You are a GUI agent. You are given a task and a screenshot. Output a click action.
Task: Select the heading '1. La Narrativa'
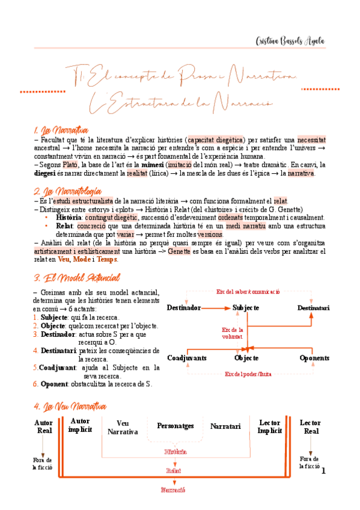(62, 130)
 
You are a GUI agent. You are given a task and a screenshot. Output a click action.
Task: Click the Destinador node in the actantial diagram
(183, 308)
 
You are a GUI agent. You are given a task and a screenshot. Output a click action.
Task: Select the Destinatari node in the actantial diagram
(313, 308)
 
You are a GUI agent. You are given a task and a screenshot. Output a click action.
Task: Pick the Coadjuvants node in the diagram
(186, 358)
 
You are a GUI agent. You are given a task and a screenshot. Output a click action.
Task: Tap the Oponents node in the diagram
(314, 358)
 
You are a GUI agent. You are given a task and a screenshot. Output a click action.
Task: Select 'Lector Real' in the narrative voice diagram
(311, 426)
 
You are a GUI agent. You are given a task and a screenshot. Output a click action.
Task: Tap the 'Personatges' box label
(175, 426)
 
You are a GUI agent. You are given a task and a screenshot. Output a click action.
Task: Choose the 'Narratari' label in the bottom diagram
(225, 426)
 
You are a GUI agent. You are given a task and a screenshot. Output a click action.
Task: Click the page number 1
(323, 470)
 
